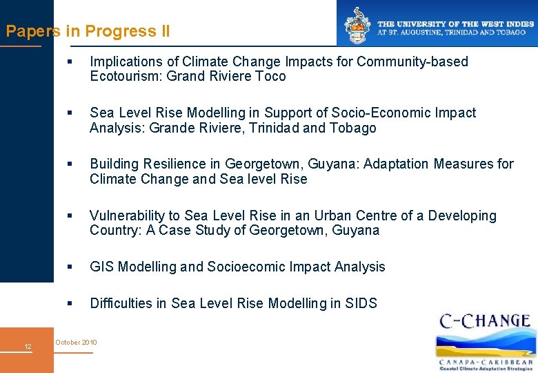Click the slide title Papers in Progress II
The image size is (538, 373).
88,31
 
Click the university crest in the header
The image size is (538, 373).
358,26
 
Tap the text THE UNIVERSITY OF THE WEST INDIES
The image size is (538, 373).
455,23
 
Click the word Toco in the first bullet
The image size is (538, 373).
270,77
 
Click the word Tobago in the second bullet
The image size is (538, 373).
353,128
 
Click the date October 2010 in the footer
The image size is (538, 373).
76,343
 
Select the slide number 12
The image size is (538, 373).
28,346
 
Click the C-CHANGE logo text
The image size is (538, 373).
485,321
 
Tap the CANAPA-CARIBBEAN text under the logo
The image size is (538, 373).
486,361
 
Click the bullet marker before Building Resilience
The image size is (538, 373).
69,164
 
